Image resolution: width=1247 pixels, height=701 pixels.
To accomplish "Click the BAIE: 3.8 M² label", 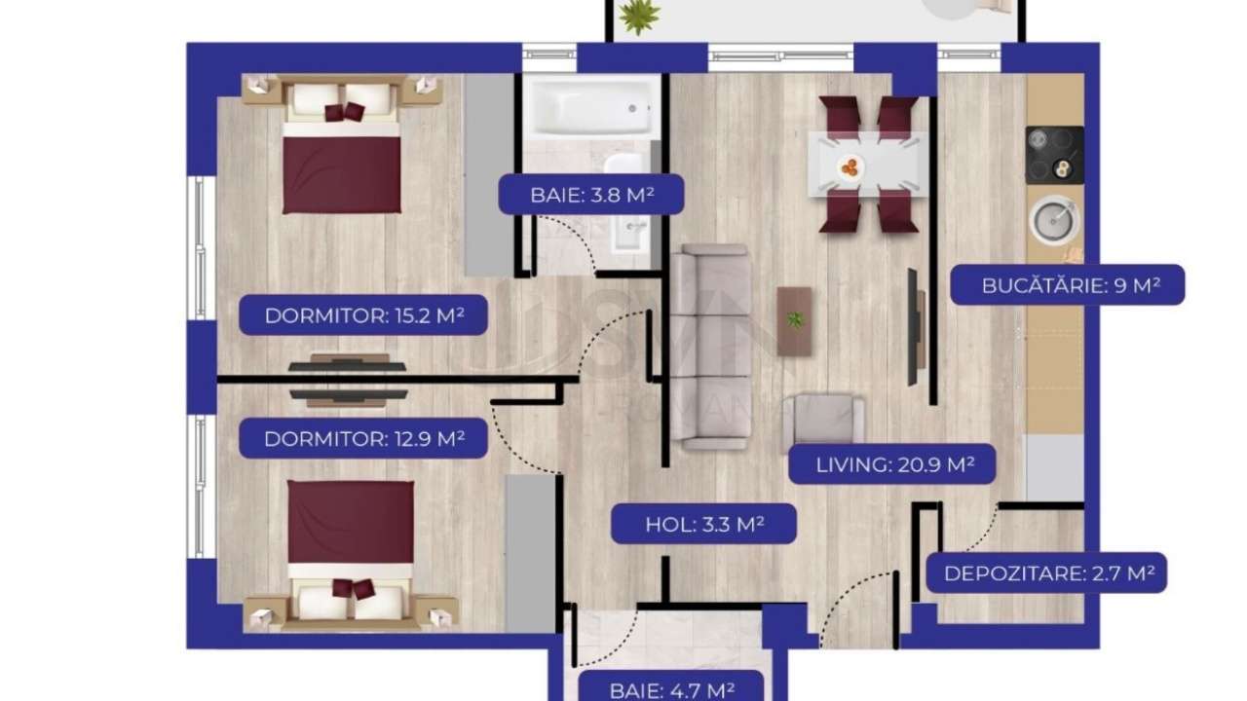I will tap(591, 194).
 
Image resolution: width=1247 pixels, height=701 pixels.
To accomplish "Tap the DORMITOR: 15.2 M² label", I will tap(363, 315).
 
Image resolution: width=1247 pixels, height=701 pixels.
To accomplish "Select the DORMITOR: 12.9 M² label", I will tap(363, 438).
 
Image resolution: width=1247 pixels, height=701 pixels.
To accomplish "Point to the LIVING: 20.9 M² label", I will tap(891, 464).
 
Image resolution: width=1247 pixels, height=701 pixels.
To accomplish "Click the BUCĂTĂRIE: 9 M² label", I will tap(1067, 285).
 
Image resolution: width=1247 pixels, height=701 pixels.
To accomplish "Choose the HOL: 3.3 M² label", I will tap(703, 524).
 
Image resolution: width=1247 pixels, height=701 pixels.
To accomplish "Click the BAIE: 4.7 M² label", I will tap(671, 689).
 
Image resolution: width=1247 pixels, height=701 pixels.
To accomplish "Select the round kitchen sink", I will tap(1054, 220).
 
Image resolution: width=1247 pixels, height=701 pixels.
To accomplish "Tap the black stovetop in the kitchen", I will tap(1054, 155).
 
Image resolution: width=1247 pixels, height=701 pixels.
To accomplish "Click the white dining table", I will tap(867, 164).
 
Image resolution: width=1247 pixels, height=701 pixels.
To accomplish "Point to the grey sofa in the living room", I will tap(710, 347).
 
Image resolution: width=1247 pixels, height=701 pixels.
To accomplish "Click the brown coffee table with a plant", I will tap(795, 320).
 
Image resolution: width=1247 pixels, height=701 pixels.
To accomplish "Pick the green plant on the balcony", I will tap(639, 15).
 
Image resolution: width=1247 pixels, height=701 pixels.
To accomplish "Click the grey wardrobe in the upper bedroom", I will tap(488, 175).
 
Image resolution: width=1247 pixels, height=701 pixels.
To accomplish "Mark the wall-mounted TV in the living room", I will tap(915, 325).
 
